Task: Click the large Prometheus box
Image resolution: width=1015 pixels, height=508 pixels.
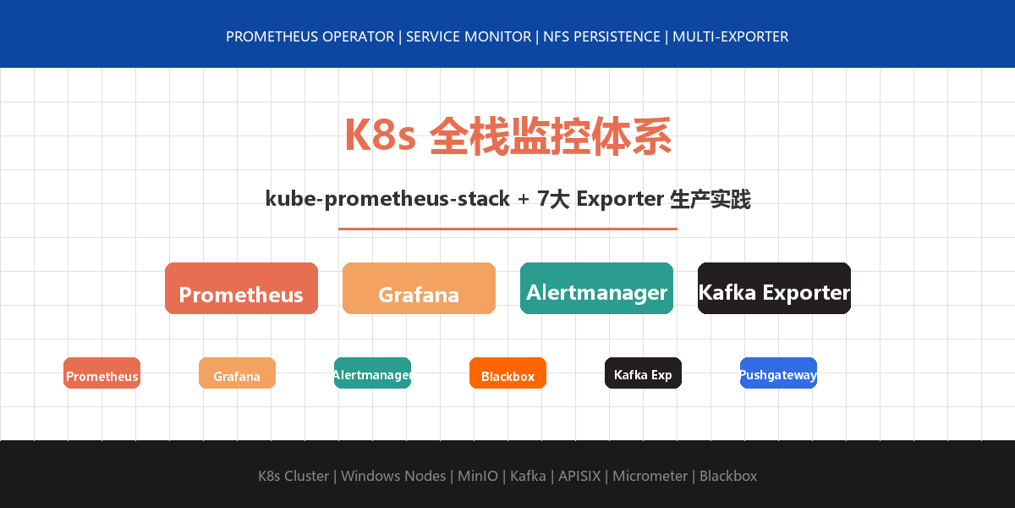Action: click(241, 289)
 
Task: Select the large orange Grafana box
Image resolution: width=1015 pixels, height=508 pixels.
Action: click(419, 289)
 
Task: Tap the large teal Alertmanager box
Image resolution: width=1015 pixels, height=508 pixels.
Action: click(596, 289)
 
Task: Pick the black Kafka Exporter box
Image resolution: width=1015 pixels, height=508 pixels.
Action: click(774, 289)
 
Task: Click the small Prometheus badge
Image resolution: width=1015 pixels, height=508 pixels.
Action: click(101, 373)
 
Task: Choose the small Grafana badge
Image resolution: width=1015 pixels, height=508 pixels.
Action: click(237, 373)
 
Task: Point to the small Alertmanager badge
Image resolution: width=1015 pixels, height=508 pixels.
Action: click(372, 373)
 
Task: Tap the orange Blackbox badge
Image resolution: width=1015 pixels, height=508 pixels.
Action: click(507, 373)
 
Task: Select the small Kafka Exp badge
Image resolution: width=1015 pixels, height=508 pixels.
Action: click(643, 373)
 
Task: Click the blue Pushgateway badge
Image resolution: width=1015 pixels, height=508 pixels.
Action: click(778, 373)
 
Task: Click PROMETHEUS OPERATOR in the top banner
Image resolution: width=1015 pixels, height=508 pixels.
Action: click(310, 37)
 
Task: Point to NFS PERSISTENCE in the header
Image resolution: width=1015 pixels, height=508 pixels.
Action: click(601, 37)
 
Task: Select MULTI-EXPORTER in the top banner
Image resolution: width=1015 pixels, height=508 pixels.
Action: click(730, 37)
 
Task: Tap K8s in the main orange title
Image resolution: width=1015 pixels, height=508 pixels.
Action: click(380, 135)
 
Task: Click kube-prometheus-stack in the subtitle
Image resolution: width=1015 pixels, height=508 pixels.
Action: click(387, 199)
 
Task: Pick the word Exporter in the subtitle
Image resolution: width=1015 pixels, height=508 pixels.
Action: click(620, 199)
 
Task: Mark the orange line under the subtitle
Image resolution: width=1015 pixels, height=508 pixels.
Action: click(507, 229)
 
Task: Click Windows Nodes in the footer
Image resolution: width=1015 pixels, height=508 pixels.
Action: click(393, 476)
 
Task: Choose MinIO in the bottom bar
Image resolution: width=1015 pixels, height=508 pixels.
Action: click(478, 476)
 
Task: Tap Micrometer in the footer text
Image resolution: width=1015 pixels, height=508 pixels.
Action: click(650, 476)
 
